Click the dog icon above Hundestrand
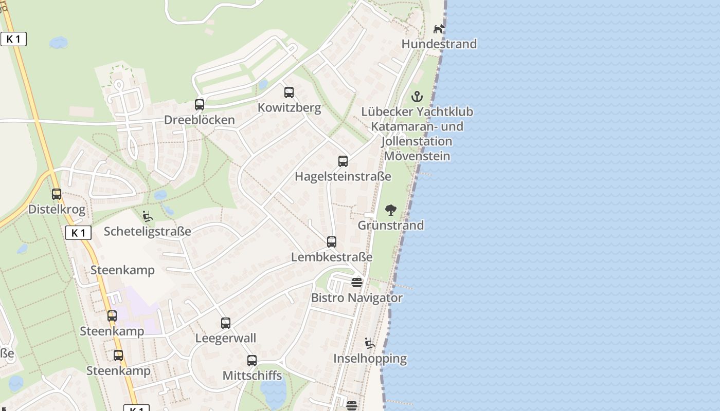point(439,29)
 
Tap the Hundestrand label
point(439,44)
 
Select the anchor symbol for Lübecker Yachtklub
point(417,97)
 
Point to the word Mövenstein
point(417,156)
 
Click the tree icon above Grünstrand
point(391,210)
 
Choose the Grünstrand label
point(391,225)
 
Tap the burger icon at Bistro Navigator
point(357,282)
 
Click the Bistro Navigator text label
point(357,297)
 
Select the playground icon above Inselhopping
point(370,343)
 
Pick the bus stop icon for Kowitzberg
point(289,92)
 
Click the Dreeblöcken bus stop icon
point(200,105)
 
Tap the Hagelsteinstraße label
point(343,177)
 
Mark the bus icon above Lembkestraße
point(332,241)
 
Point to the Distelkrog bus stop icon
point(57,194)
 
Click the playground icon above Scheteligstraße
point(148,216)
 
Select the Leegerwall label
point(225,338)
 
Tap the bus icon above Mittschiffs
point(252,361)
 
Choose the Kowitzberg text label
point(289,108)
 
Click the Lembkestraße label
point(332,257)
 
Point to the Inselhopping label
point(370,359)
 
